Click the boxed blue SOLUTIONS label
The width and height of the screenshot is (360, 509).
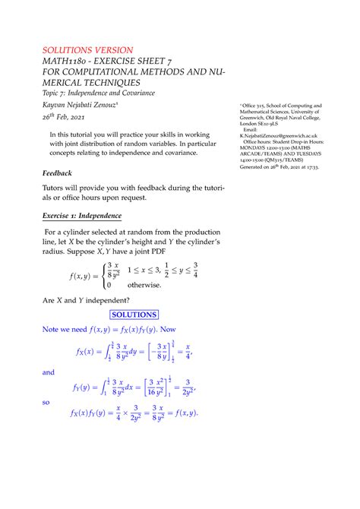(134, 314)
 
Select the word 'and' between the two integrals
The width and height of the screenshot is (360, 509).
(49, 373)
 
